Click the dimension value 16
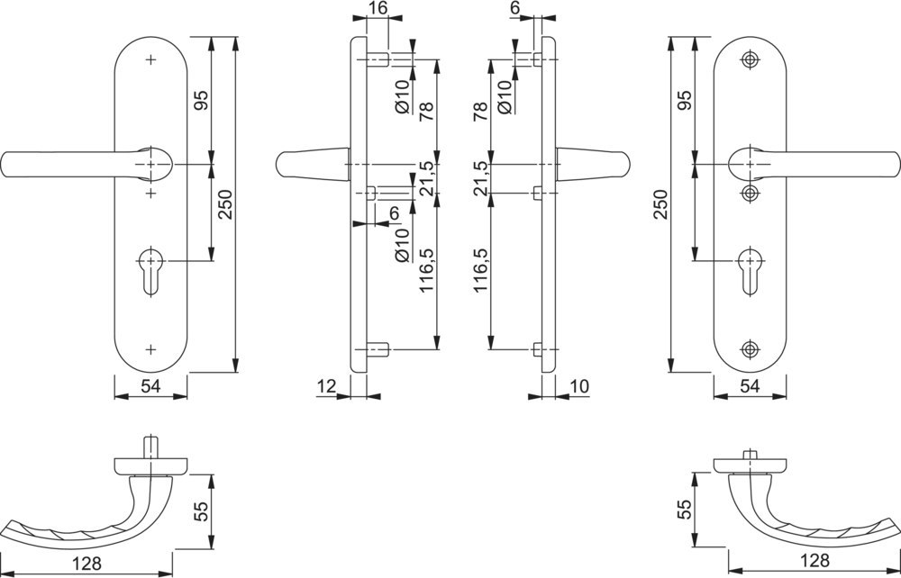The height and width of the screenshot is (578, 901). point(378,8)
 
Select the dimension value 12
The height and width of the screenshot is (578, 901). point(326,386)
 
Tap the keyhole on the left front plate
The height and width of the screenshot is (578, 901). point(150,269)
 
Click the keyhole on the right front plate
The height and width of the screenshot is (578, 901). point(749,269)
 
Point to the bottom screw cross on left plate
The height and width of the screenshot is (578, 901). point(150,348)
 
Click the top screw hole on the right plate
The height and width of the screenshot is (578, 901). point(749,60)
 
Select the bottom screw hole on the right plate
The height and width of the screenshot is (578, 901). point(749,348)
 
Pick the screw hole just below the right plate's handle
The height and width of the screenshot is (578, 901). point(749,194)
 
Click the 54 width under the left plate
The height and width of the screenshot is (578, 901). point(150,387)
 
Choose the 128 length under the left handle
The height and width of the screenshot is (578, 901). point(86,564)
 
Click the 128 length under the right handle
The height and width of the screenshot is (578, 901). point(814,560)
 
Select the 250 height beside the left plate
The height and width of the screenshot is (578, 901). point(224,205)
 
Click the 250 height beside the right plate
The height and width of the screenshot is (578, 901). point(663,205)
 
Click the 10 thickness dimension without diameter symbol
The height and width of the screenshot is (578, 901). point(579,386)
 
